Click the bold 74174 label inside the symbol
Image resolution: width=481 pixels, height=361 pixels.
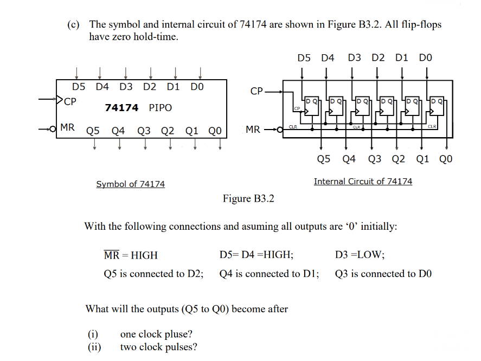(122, 108)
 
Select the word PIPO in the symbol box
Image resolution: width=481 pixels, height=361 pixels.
(160, 108)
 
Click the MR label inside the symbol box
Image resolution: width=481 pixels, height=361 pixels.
(68, 128)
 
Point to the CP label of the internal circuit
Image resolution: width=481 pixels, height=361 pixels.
(257, 91)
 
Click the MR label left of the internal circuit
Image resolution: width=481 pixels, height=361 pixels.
(253, 130)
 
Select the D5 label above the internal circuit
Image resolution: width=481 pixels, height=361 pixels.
(304, 58)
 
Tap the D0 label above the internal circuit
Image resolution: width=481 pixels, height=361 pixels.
(426, 58)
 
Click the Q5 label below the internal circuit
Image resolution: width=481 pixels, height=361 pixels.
(324, 159)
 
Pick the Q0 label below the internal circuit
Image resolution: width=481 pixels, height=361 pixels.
(445, 159)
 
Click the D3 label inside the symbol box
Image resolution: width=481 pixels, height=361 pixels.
(126, 87)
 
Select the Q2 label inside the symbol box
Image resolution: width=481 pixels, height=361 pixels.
(168, 131)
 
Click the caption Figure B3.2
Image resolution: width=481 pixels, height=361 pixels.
(248, 198)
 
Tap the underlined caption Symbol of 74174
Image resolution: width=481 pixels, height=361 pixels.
(130, 184)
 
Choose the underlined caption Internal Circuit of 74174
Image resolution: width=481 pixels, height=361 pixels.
(363, 182)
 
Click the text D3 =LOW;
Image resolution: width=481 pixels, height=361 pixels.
(360, 254)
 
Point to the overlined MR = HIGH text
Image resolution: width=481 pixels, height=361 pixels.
(131, 255)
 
